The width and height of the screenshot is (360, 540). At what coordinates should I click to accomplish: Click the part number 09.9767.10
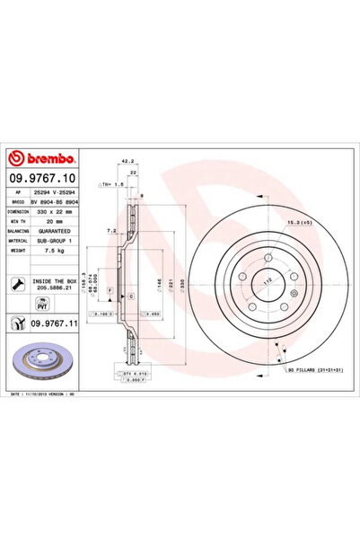[x=44, y=166]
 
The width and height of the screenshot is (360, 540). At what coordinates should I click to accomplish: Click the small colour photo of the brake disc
[x=38, y=364]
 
